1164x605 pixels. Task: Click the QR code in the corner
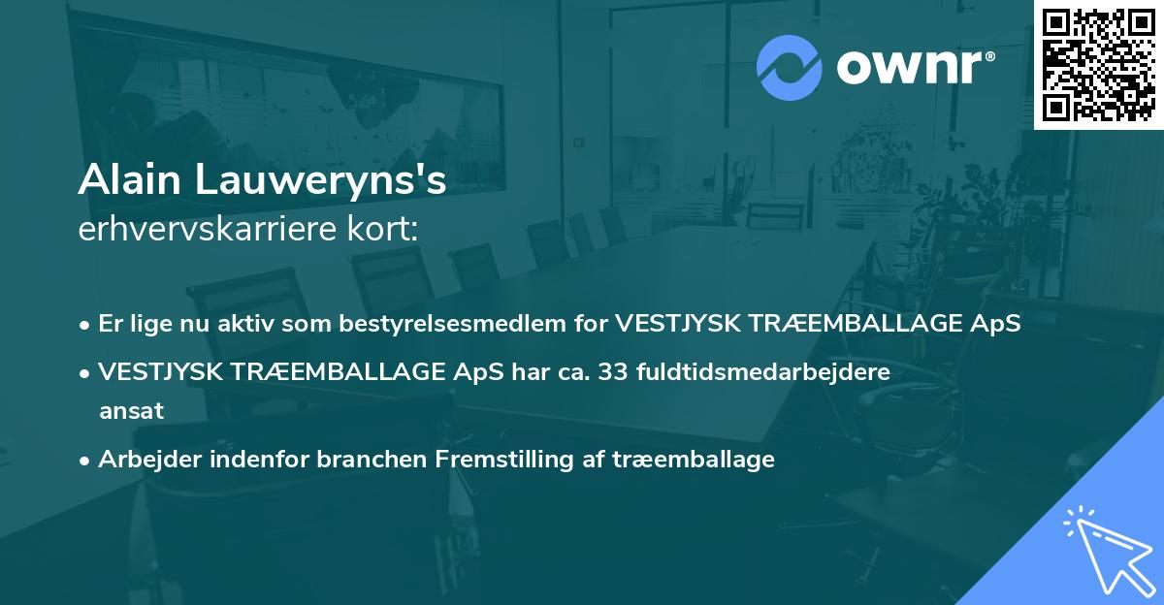(x=1098, y=65)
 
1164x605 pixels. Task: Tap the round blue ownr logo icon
(x=790, y=67)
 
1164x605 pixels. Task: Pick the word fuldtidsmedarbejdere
(x=763, y=371)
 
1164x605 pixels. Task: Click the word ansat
(x=131, y=411)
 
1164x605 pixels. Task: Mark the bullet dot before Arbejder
(x=85, y=461)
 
